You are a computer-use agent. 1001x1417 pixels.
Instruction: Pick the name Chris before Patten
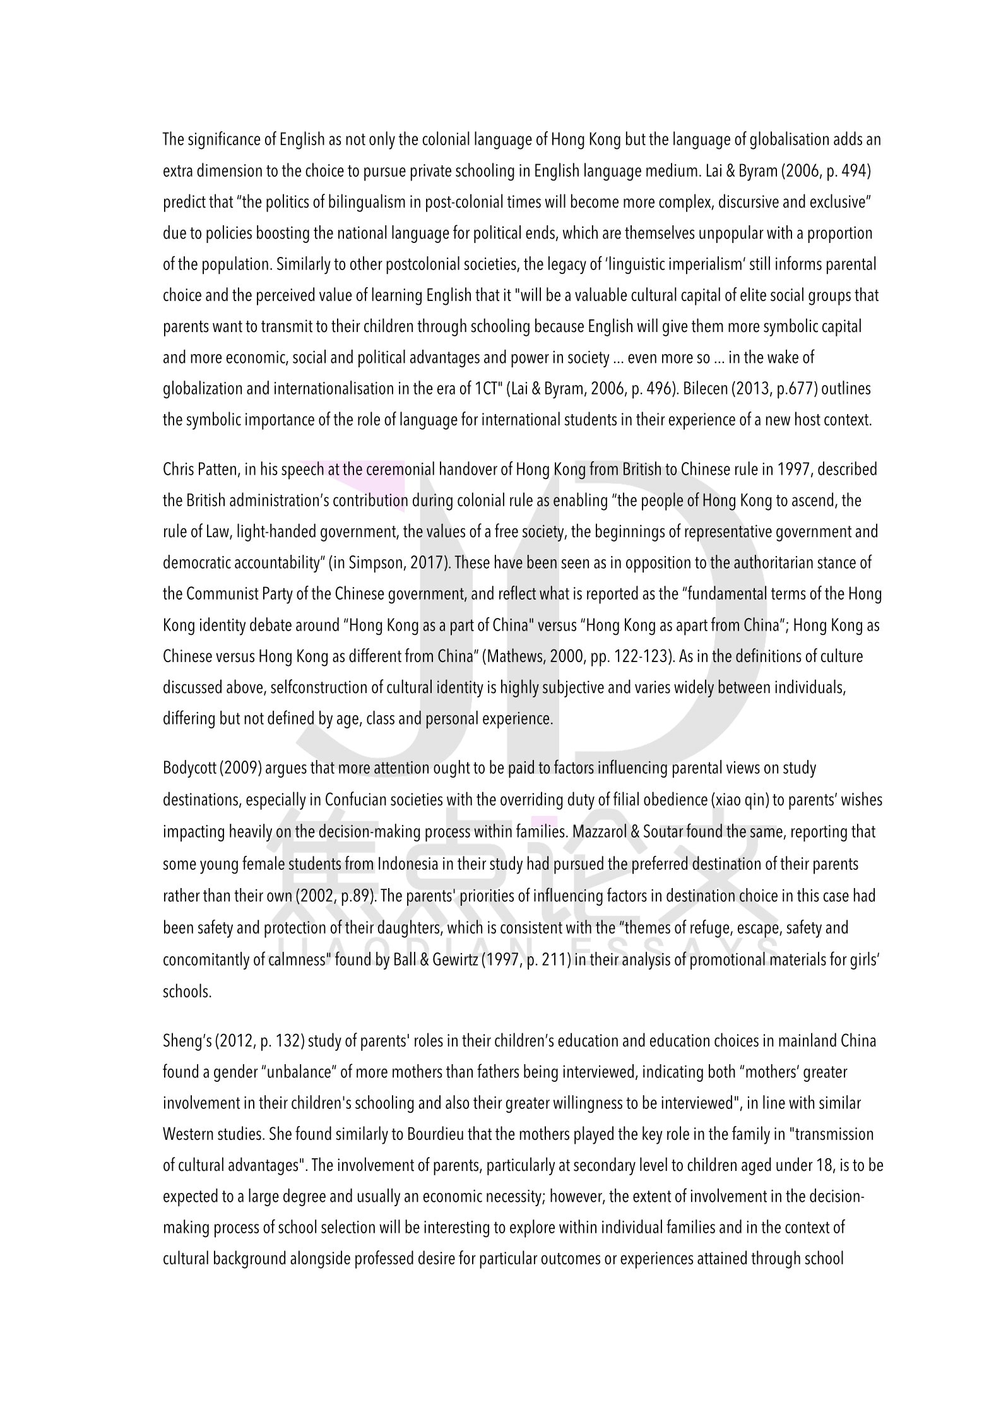[178, 470]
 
